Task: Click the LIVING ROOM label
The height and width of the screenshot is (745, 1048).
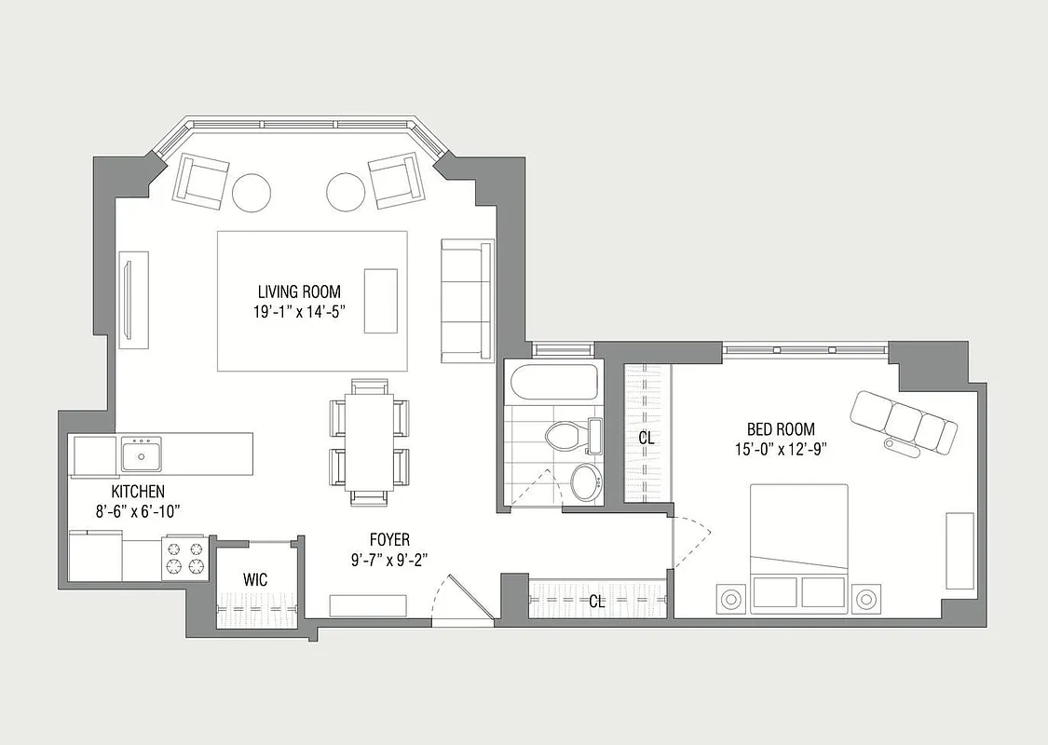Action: pyautogui.click(x=299, y=292)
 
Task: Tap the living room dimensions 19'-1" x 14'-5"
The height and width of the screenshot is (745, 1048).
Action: pyautogui.click(x=299, y=313)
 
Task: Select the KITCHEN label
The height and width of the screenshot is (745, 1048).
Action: pyautogui.click(x=138, y=491)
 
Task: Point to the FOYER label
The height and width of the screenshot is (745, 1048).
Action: pyautogui.click(x=388, y=539)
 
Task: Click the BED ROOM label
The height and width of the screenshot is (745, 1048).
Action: pyautogui.click(x=781, y=429)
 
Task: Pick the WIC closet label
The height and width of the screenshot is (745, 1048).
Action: pyautogui.click(x=255, y=579)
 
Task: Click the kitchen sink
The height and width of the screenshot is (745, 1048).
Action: pyautogui.click(x=142, y=455)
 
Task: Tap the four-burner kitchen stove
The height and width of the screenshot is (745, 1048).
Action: pyautogui.click(x=184, y=557)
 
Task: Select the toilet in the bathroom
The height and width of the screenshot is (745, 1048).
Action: pyautogui.click(x=564, y=436)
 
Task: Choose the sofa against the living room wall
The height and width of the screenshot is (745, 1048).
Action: pyautogui.click(x=466, y=300)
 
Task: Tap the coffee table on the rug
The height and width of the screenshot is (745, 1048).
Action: pyautogui.click(x=380, y=300)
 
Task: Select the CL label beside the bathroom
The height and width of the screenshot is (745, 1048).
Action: pyautogui.click(x=646, y=436)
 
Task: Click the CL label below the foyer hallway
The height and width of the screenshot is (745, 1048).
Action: pyautogui.click(x=596, y=602)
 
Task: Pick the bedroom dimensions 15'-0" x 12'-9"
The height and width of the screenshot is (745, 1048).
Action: pyautogui.click(x=781, y=448)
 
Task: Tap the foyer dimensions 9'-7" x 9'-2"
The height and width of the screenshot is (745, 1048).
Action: pyautogui.click(x=388, y=559)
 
